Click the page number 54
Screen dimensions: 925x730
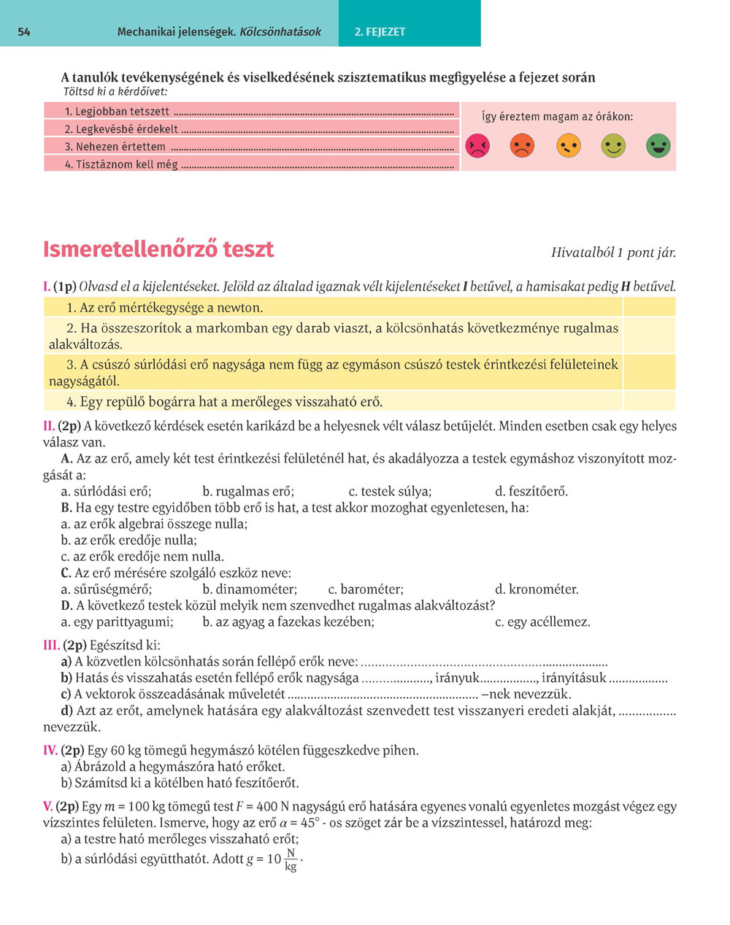(x=24, y=32)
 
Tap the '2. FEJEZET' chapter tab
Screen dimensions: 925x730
(x=380, y=32)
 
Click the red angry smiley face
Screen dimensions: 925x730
(x=477, y=146)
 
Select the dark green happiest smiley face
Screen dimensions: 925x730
(x=658, y=146)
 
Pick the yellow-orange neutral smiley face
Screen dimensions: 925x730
(x=568, y=146)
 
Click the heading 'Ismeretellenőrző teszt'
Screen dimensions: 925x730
(x=158, y=249)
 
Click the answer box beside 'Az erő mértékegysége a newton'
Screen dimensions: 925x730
(x=649, y=307)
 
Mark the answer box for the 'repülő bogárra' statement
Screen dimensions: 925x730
(x=649, y=401)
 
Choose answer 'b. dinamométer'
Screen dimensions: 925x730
(x=250, y=589)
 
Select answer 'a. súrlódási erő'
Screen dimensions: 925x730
(x=106, y=492)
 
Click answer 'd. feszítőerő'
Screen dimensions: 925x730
(x=531, y=492)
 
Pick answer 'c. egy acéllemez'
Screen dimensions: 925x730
(x=542, y=622)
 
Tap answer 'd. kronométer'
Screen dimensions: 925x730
(x=537, y=589)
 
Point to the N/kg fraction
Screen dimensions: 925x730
(x=291, y=860)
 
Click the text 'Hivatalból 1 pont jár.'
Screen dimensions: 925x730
(x=613, y=253)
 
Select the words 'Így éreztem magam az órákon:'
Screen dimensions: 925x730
(x=558, y=117)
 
